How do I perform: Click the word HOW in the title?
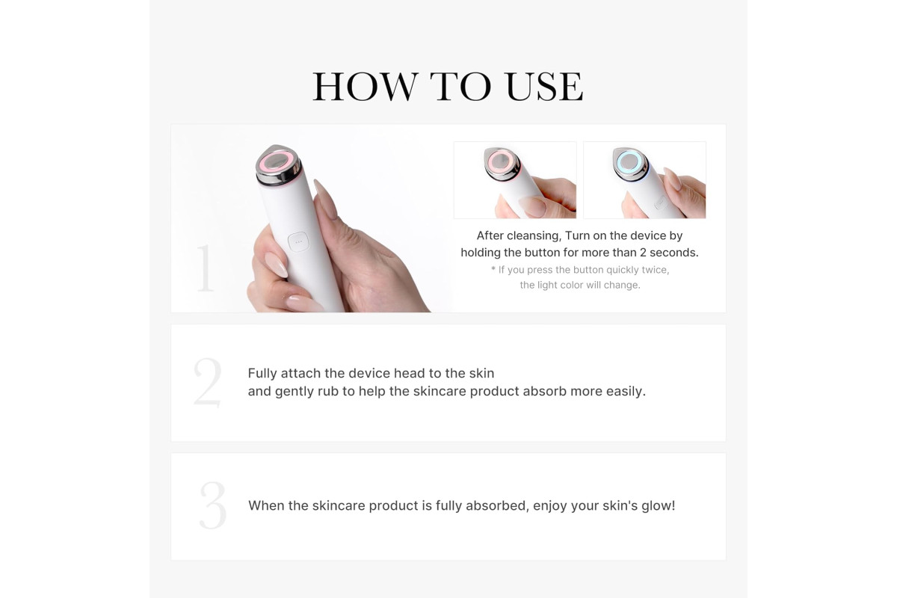pos(366,87)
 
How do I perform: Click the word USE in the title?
pos(545,87)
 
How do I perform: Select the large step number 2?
pos(208,383)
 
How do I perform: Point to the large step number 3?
pos(212,505)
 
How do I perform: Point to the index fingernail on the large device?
pos(326,199)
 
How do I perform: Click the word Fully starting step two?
pos(262,373)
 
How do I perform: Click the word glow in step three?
pos(658,505)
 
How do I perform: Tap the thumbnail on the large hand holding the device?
pos(276,265)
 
